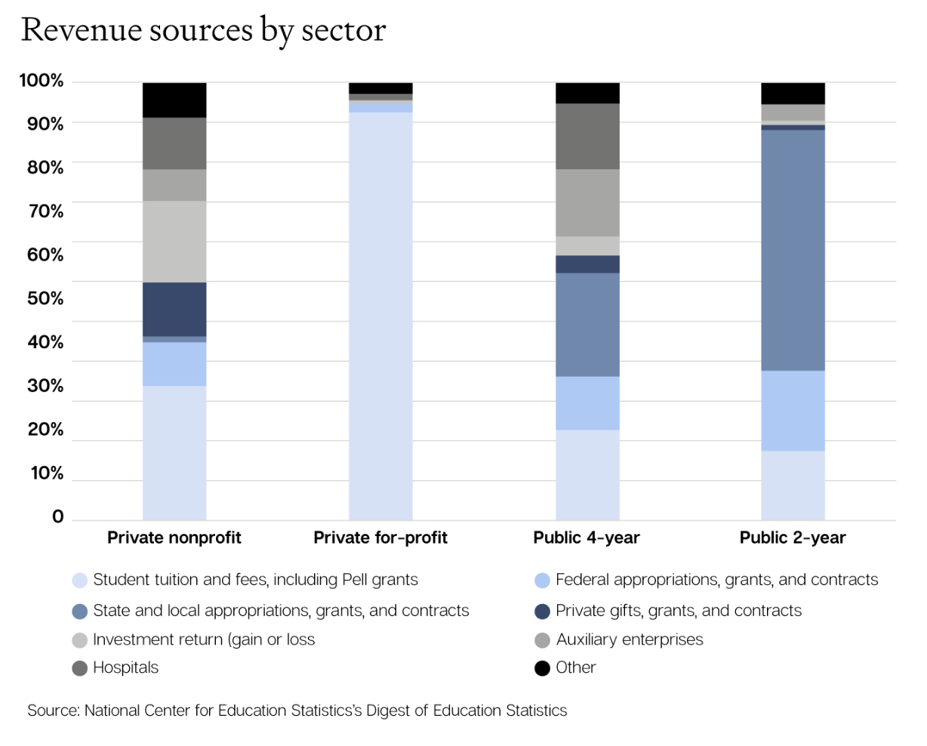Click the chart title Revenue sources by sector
pos(203,30)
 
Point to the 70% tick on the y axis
pos(45,211)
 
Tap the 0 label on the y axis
pos(57,517)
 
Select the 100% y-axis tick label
pos(42,80)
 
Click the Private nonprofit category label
pos(174,538)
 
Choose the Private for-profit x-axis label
pos(380,538)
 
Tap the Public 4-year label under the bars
pos(587,538)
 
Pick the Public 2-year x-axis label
pos(793,538)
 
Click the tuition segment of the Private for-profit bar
pos(380,317)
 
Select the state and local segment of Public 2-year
pos(793,249)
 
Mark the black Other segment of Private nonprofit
pos(174,100)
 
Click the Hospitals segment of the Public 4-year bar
pos(587,136)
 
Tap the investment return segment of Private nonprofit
pos(174,242)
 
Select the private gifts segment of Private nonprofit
pos(174,309)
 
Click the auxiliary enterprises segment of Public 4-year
pos(587,202)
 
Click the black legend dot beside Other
pos(542,668)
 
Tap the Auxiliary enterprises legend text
pos(630,640)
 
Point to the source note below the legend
pos(297,711)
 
